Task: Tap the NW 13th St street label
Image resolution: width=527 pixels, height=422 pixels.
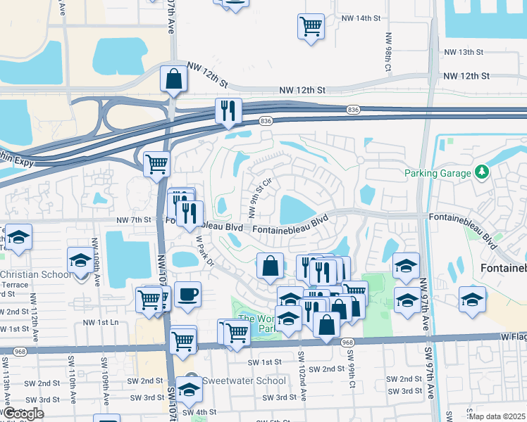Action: [x=464, y=52]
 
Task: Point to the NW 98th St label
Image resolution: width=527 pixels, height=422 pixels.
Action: [x=388, y=47]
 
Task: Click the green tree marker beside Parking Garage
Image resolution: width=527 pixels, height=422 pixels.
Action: [x=482, y=172]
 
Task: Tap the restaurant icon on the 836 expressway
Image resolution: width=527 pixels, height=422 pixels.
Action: [x=228, y=110]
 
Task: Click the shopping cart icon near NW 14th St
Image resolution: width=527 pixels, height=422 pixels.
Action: [x=311, y=27]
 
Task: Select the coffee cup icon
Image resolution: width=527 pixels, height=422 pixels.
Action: [x=187, y=294]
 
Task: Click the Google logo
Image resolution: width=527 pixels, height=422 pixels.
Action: [x=23, y=414]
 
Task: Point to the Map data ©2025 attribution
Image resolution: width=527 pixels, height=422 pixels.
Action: [x=497, y=416]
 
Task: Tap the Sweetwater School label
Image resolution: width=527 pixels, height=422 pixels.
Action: [x=244, y=381]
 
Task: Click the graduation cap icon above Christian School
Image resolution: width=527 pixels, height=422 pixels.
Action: [x=80, y=260]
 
